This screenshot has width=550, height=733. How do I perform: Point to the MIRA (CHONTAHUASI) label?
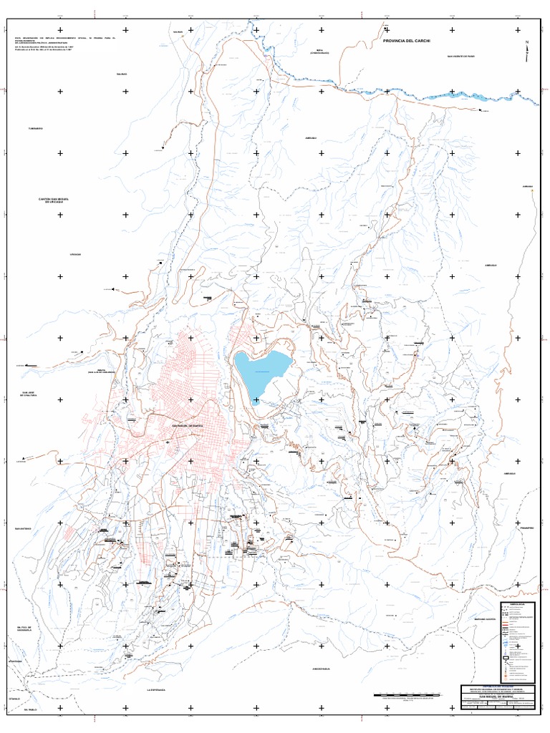tap(319, 52)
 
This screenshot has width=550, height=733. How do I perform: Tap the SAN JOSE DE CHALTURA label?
tap(29, 393)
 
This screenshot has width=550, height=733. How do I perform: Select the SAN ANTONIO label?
tap(22, 530)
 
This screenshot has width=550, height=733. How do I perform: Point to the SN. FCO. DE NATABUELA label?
tap(26, 629)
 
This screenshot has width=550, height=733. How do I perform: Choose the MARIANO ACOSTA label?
tap(485, 618)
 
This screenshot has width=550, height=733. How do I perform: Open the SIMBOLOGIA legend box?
tap(518, 641)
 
